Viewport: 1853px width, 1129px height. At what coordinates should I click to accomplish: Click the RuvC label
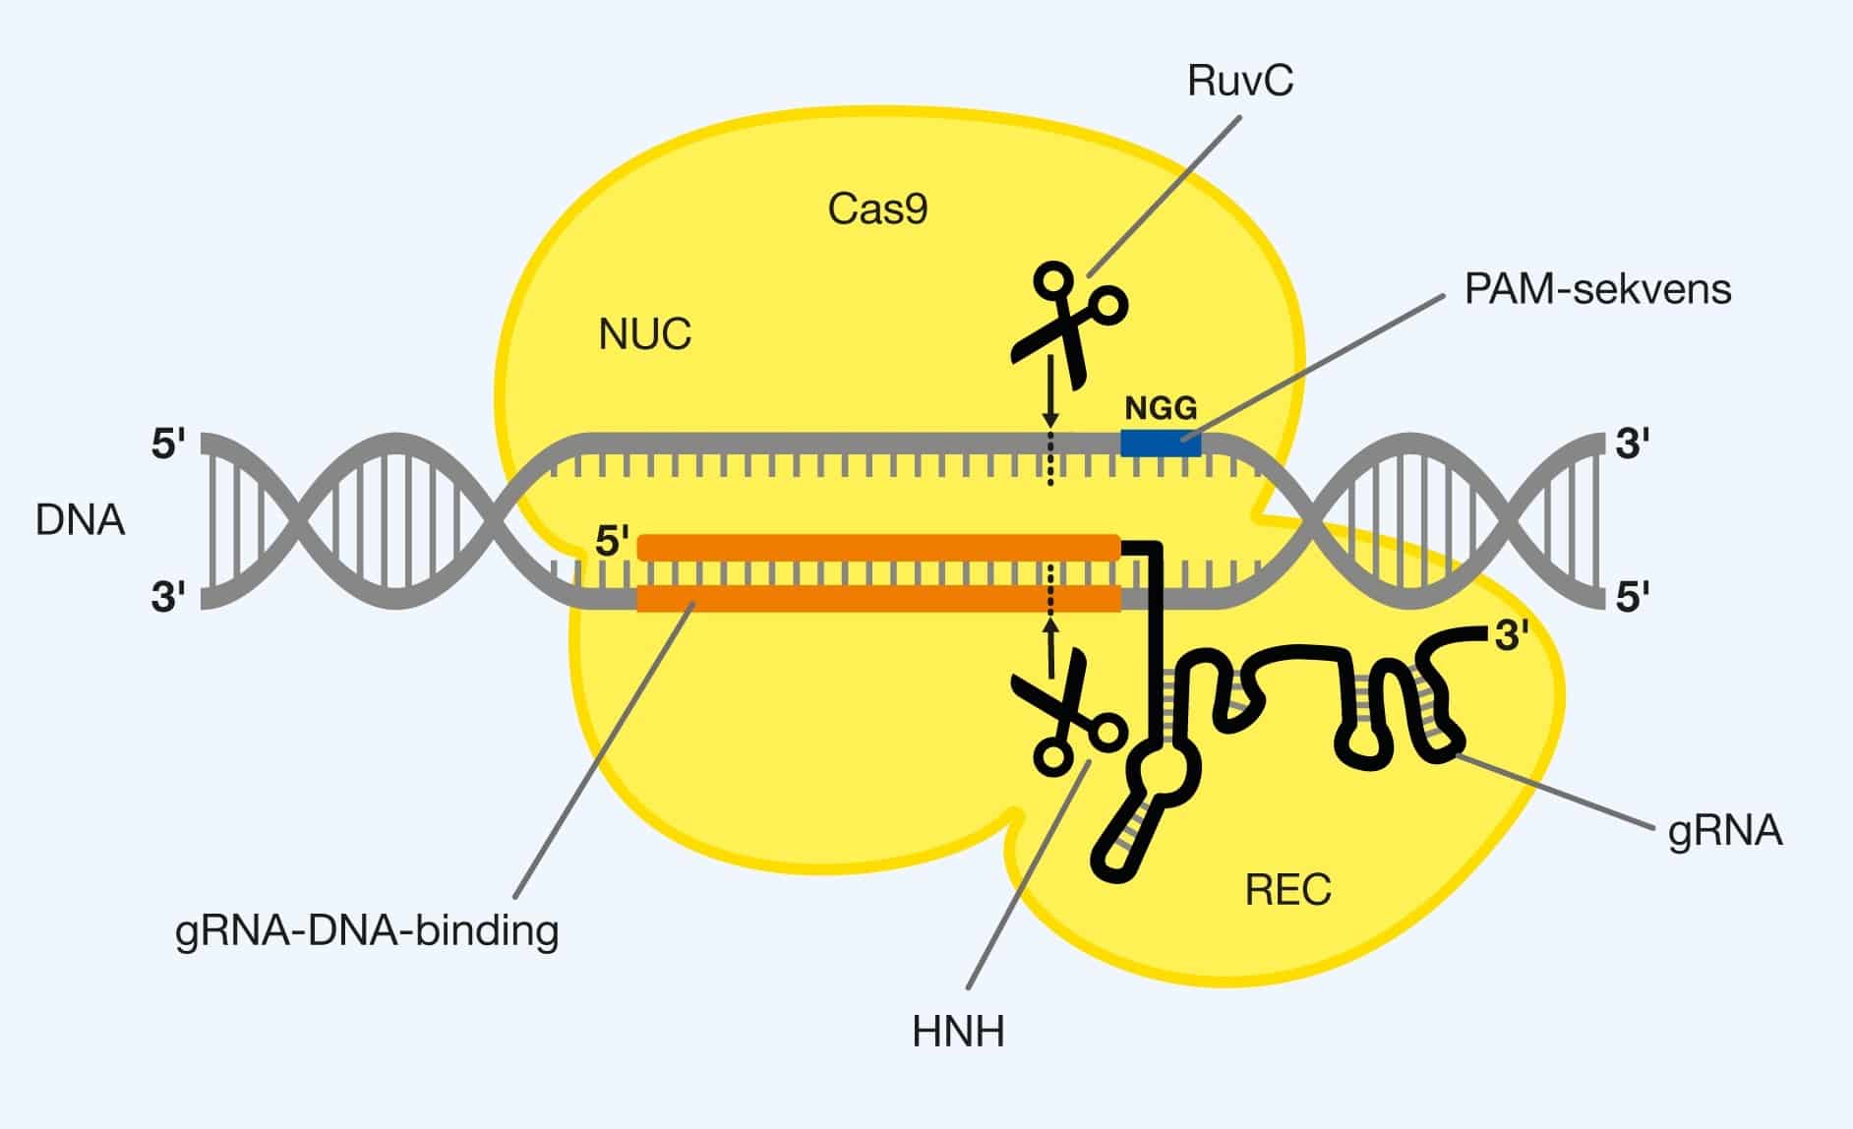click(1239, 81)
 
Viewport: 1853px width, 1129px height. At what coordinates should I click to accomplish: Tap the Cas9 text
click(877, 209)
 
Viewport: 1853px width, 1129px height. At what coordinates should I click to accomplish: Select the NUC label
click(644, 335)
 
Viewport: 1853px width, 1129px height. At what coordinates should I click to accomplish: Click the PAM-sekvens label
click(1597, 289)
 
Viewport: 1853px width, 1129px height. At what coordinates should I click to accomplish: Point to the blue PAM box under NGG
click(1161, 444)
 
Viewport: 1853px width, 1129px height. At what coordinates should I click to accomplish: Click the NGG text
click(1161, 407)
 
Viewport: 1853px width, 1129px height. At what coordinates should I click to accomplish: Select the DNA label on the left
click(80, 520)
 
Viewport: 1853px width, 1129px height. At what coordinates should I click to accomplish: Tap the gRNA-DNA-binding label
click(367, 929)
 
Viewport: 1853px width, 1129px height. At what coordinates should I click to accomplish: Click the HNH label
click(958, 1033)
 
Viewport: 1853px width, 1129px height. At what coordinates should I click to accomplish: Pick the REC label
click(1287, 890)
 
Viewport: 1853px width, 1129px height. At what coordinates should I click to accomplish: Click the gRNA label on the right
click(1725, 832)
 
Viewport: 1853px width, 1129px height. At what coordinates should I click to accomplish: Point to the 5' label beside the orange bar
click(612, 542)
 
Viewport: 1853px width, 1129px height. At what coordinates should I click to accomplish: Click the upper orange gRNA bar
click(878, 548)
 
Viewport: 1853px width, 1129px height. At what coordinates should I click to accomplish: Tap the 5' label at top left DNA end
click(168, 445)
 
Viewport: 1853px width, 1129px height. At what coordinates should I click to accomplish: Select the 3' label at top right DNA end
click(1632, 445)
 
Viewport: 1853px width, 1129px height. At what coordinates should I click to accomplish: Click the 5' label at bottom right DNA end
click(1632, 597)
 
